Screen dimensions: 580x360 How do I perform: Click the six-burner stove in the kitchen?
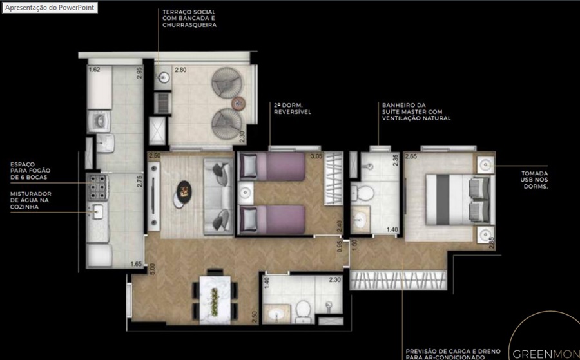[98, 187]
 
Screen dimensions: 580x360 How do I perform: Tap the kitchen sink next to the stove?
[98, 212]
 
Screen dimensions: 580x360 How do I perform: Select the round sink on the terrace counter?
[163, 78]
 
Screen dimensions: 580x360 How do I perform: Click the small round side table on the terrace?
[238, 103]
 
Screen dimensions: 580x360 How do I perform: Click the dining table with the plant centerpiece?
[215, 299]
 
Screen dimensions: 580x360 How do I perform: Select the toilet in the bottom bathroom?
[304, 311]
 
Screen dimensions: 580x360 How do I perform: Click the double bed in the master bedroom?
[459, 200]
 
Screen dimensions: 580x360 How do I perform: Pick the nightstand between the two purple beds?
[246, 193]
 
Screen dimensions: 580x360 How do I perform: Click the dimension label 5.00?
[152, 269]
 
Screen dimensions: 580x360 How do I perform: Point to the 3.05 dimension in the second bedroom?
[316, 156]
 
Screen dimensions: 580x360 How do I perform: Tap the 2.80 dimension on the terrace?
[180, 70]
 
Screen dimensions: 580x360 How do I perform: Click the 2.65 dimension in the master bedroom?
[411, 156]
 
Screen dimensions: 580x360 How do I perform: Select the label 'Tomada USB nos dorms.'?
[534, 180]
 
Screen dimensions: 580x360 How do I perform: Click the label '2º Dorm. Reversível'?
[292, 108]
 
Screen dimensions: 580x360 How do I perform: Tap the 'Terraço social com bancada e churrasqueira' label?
[189, 19]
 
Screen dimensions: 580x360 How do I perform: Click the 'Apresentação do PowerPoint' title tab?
[50, 7]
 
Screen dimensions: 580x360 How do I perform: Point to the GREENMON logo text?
[546, 354]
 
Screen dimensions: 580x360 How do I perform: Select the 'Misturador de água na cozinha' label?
[31, 200]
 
